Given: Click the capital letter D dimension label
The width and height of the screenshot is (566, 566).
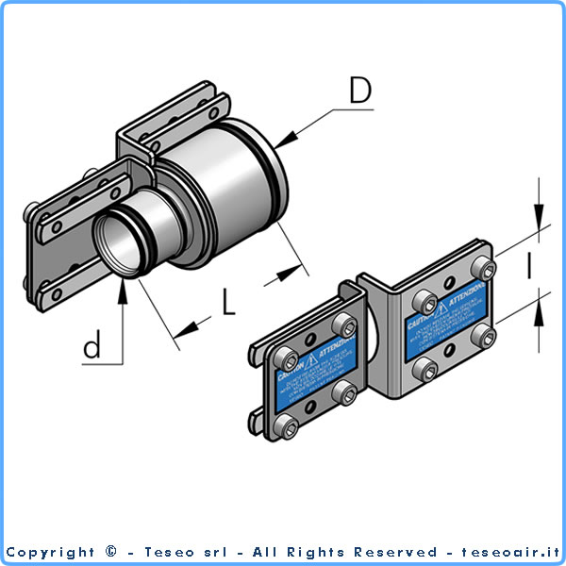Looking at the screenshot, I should tap(359, 91).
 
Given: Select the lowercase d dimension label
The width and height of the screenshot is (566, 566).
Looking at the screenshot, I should tap(92, 347).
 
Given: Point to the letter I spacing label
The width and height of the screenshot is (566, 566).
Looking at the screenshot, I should tap(530, 268).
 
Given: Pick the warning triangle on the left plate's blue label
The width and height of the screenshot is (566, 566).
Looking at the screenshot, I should tap(310, 358).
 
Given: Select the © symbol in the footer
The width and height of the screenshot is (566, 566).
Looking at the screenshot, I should tap(111, 552).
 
